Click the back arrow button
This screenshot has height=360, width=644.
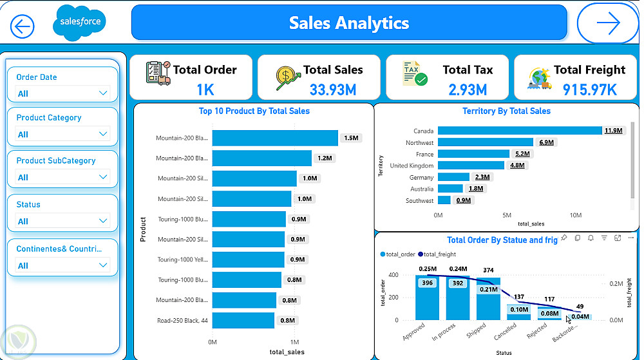pos(23,26)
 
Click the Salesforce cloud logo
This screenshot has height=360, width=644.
pos(80,21)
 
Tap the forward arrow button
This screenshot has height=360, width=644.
pos(607,24)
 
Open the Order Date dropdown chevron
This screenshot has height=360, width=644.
pos(103,93)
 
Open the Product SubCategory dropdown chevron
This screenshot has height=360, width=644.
pos(103,177)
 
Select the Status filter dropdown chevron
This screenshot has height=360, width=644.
pos(103,221)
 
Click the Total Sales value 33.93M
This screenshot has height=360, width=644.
pos(332,90)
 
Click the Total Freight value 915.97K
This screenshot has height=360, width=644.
pos(589,90)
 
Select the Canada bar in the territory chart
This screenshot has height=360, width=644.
pos(519,131)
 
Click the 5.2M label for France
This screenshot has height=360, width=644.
pos(522,154)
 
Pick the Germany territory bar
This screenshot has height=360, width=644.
pos(453,177)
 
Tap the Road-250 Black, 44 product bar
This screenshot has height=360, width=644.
pos(243,320)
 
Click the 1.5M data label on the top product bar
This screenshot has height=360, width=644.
pos(351,138)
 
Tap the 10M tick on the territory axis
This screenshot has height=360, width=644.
pos(575,215)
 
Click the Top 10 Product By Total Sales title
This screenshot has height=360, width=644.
pos(254,111)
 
